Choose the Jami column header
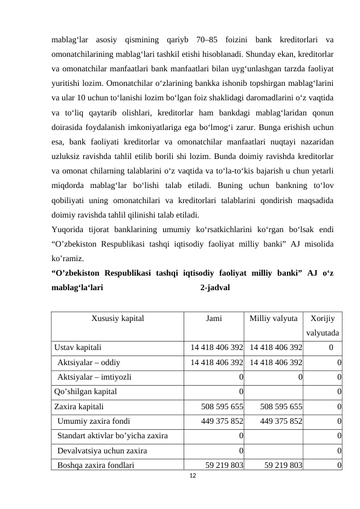(x=214, y=317)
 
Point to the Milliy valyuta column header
(x=274, y=317)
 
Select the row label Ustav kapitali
(x=78, y=348)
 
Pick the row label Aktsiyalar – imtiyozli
(x=92, y=377)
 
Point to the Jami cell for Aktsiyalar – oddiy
(x=217, y=362)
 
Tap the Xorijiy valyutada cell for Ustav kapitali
(x=332, y=348)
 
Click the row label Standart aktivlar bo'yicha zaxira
(x=112, y=435)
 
